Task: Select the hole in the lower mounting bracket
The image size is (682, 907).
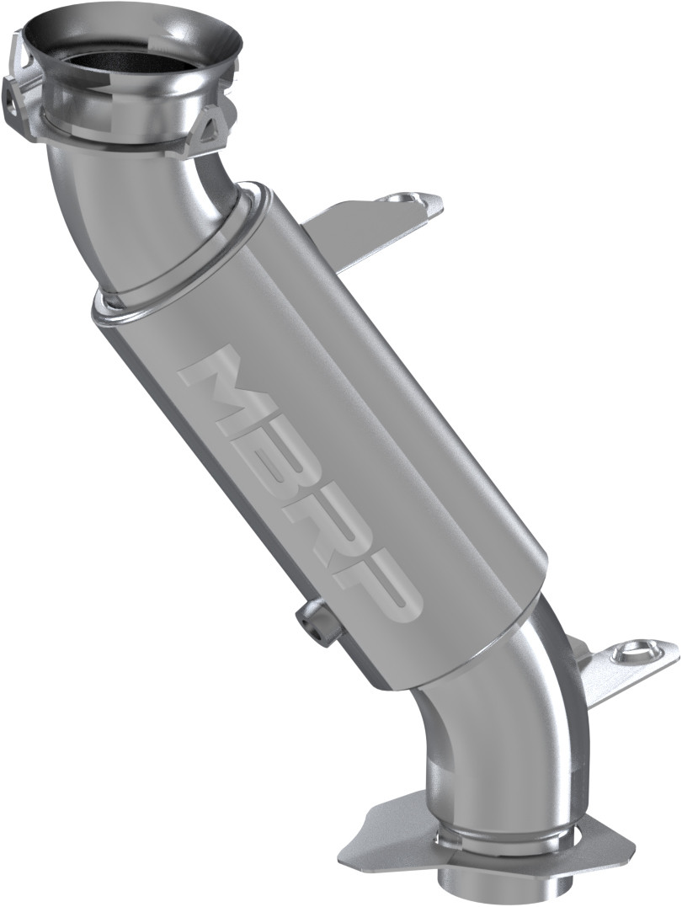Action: pos(631,651)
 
